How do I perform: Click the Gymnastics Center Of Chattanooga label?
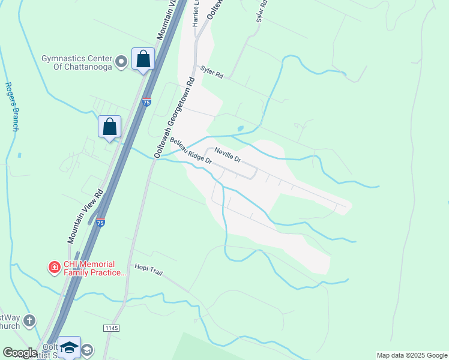pos(77,62)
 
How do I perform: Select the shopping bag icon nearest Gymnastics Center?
pos(143,59)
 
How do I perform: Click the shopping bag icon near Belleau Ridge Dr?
pos(109,127)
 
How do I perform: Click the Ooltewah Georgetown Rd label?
pos(174,118)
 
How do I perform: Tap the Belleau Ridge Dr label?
pos(191,151)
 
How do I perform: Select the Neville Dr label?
pos(228,156)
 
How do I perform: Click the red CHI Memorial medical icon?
pos(54,267)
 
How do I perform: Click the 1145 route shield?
pos(111,328)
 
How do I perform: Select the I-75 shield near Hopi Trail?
pos(101,223)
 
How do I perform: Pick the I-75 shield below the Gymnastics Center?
pos(146,103)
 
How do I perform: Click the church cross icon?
pos(29,321)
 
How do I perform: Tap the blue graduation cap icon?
pos(69,347)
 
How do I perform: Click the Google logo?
pos(20,353)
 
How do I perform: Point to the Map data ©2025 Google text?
pos(412,355)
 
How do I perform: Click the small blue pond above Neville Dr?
pos(241,128)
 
